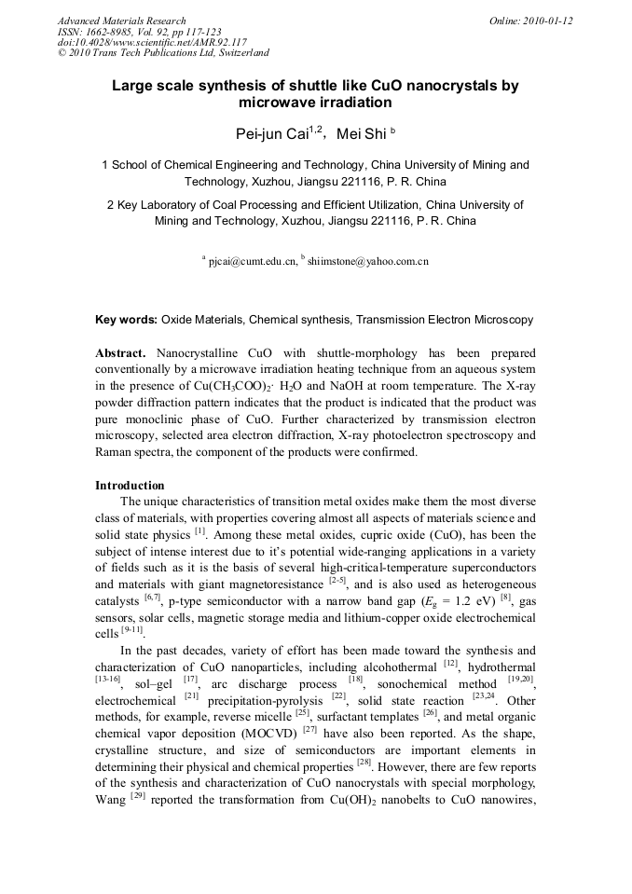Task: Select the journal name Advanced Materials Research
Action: (x=122, y=21)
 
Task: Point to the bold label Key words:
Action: (x=126, y=320)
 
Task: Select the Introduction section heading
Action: (x=130, y=486)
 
